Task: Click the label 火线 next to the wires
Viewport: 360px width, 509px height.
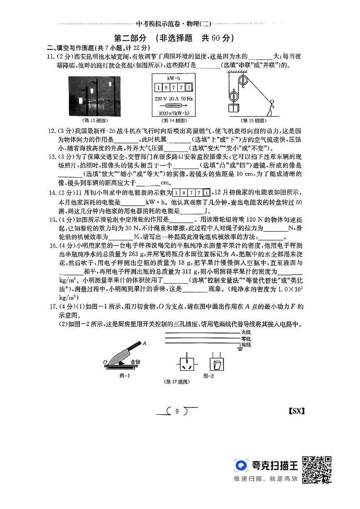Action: tap(246, 332)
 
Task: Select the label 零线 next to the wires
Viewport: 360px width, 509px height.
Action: tap(246, 339)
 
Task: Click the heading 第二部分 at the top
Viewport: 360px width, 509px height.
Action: tap(129, 38)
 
